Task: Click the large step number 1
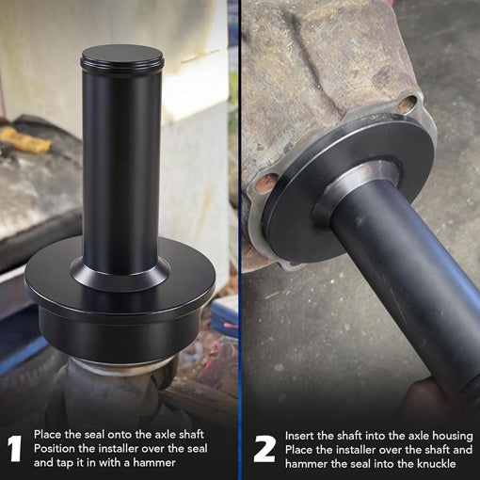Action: pyautogui.click(x=14, y=449)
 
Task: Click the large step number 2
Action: pyautogui.click(x=265, y=449)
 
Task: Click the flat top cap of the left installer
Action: pyautogui.click(x=121, y=55)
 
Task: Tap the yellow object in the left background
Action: pyautogui.click(x=25, y=139)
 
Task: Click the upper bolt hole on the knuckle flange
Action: pyautogui.click(x=407, y=104)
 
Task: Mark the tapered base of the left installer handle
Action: pyautogui.click(x=120, y=274)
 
